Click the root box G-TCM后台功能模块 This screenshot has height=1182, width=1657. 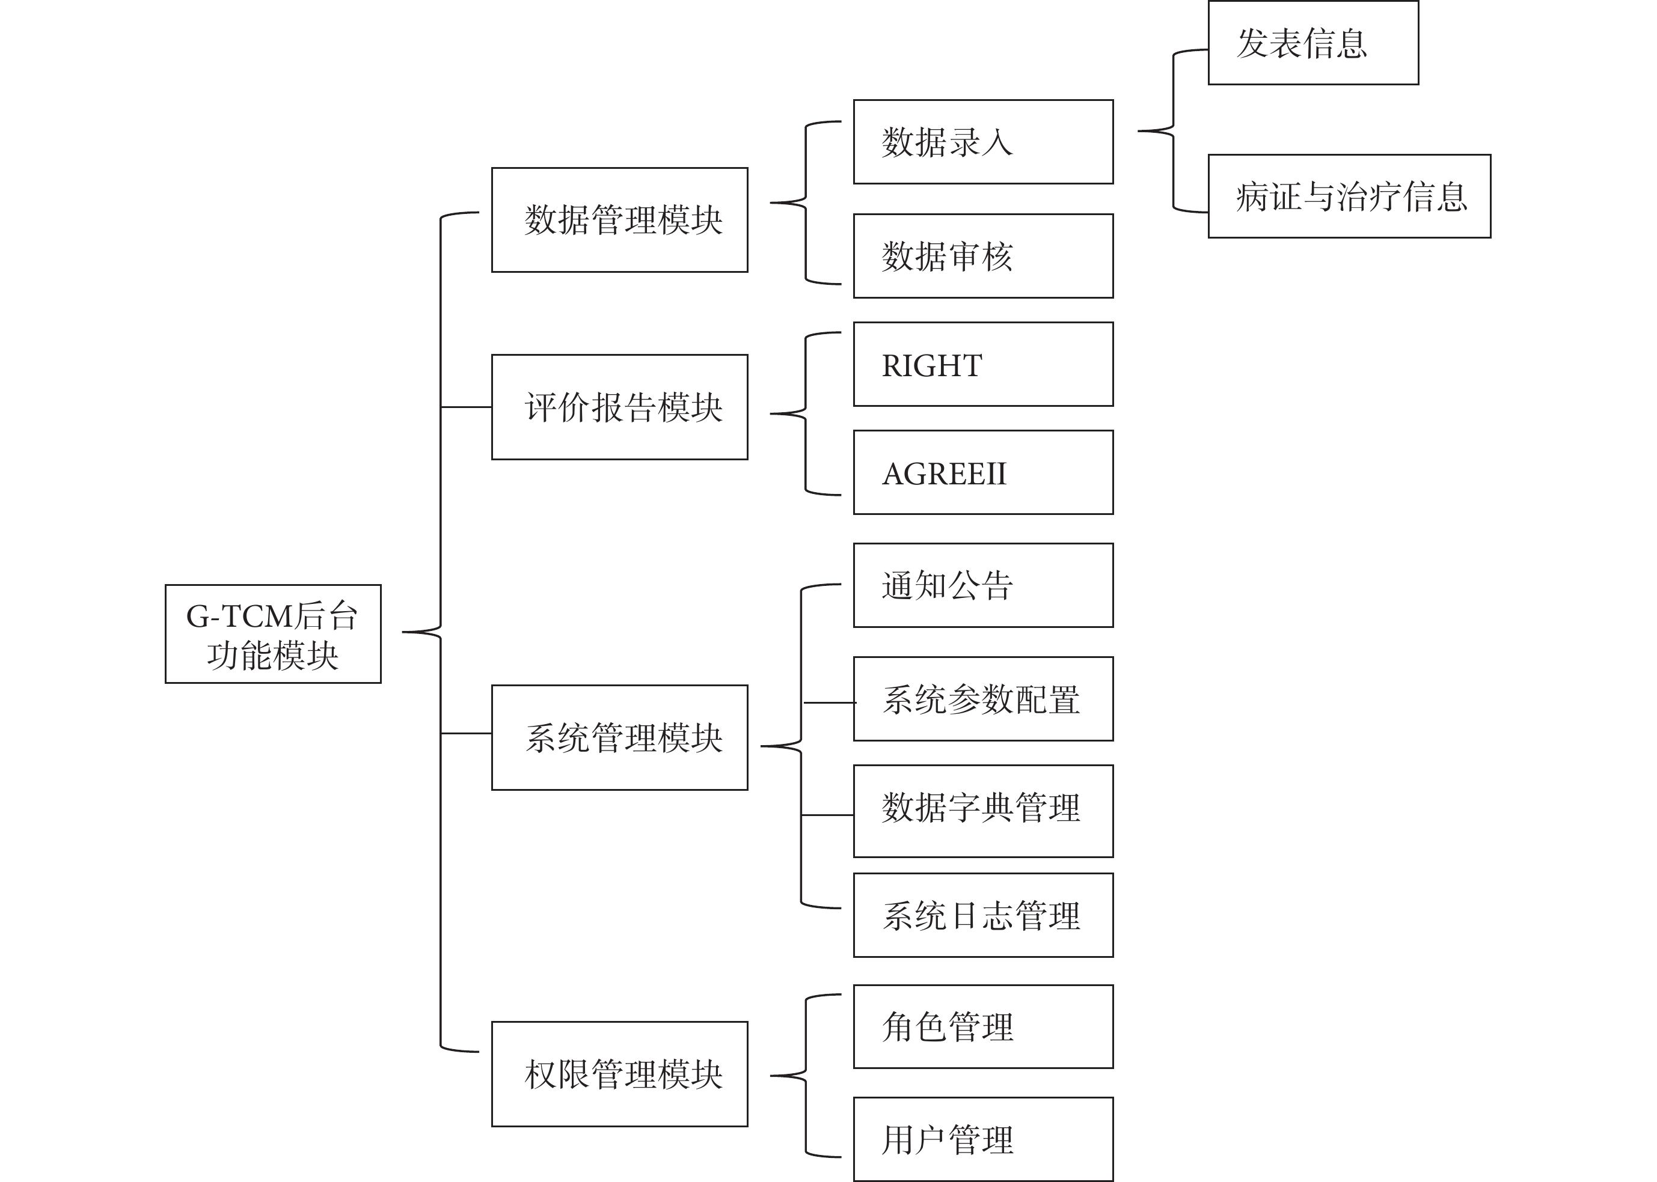pos(273,633)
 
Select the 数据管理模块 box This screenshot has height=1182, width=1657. pos(619,220)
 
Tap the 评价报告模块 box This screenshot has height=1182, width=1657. pos(619,407)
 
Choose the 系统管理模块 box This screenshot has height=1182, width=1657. pos(619,737)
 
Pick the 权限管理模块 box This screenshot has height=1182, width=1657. pos(619,1074)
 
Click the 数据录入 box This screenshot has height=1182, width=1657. pos(984,142)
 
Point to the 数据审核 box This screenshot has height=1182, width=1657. pos(984,255)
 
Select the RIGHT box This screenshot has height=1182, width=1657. pos(984,364)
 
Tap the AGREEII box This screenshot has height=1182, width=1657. pos(984,472)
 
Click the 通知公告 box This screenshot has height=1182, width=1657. pos(984,585)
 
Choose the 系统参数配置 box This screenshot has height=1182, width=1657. pos(984,699)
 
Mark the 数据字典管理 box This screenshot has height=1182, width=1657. pos(984,811)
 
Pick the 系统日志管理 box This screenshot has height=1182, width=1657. pos(984,915)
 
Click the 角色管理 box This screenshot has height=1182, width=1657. pos(984,1027)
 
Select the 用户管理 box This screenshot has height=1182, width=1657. pos(984,1139)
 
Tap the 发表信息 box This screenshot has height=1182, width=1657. pos(1313,43)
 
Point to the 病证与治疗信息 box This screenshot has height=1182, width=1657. pos(1350,196)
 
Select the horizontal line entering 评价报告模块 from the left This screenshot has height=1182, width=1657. pos(466,407)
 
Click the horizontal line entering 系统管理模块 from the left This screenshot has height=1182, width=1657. pos(466,733)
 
